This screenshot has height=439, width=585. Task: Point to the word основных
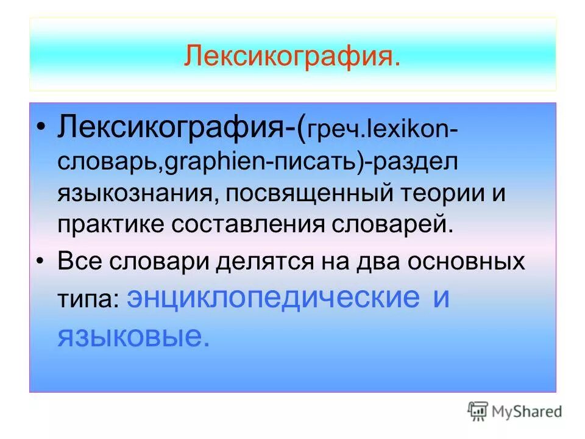click(x=470, y=262)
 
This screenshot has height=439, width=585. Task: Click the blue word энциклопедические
click(x=274, y=299)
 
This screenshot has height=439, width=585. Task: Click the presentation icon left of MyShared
click(x=477, y=411)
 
